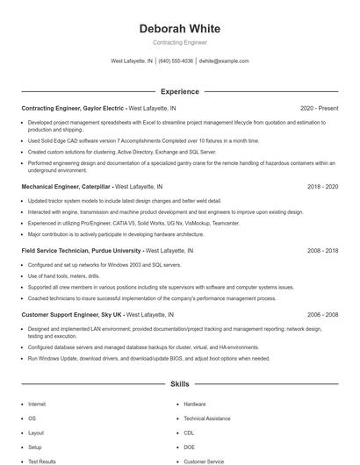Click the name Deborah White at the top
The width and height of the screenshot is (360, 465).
click(180, 29)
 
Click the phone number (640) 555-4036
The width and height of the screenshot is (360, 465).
click(176, 61)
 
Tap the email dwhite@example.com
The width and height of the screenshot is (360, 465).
click(224, 61)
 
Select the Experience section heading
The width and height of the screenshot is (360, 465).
click(180, 91)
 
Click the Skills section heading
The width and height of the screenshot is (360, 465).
click(180, 384)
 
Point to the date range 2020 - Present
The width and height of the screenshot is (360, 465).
click(319, 108)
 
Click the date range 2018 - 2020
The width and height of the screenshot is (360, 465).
click(322, 187)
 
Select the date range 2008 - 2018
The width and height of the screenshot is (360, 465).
click(322, 250)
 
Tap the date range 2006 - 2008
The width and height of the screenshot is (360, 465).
click(322, 314)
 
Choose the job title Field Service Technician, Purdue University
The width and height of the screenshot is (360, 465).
click(80, 250)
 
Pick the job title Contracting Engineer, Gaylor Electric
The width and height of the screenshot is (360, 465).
click(74, 108)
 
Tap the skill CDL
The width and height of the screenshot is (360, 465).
click(189, 433)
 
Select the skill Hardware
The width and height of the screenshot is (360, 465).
click(195, 404)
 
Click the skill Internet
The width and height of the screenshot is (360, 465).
click(37, 404)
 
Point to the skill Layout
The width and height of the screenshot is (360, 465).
click(36, 433)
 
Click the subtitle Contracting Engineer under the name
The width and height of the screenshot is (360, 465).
click(180, 42)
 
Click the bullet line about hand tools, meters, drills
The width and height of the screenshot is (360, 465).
click(63, 275)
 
